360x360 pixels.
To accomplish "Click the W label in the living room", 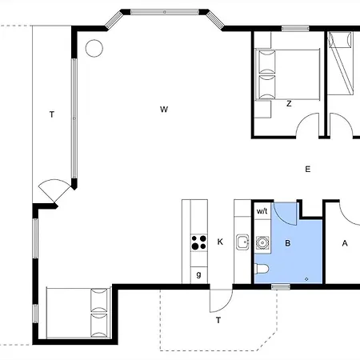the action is pos(164,110).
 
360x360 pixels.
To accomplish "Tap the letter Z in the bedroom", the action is pos(289,104).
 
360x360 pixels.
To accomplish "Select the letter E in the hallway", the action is pos(308,170).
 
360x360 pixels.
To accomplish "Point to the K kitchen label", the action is pos(220,242).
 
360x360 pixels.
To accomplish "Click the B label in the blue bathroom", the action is pos(288,243).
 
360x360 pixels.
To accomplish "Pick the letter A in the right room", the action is pos(345,243).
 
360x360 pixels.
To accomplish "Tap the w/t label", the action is pos(262,211).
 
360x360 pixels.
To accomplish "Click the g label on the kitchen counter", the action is pos(198,274).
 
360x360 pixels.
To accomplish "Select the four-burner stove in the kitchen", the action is pos(199,242).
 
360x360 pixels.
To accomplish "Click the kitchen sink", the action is pos(242,242).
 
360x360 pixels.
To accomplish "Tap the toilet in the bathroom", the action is pos(262,269).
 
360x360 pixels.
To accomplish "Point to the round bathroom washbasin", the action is pos(262,242).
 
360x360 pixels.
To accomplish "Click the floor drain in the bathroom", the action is pos(306,279).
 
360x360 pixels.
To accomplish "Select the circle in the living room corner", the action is pos(94,48).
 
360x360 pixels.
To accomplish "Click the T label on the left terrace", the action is pos(52,114).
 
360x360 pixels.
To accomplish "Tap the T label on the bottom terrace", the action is pos(218,320).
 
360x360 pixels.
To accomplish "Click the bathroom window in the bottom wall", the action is pos(281,287).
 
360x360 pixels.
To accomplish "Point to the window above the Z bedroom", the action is pos(295,29).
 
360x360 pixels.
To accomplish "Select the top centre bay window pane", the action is pos(165,12).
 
